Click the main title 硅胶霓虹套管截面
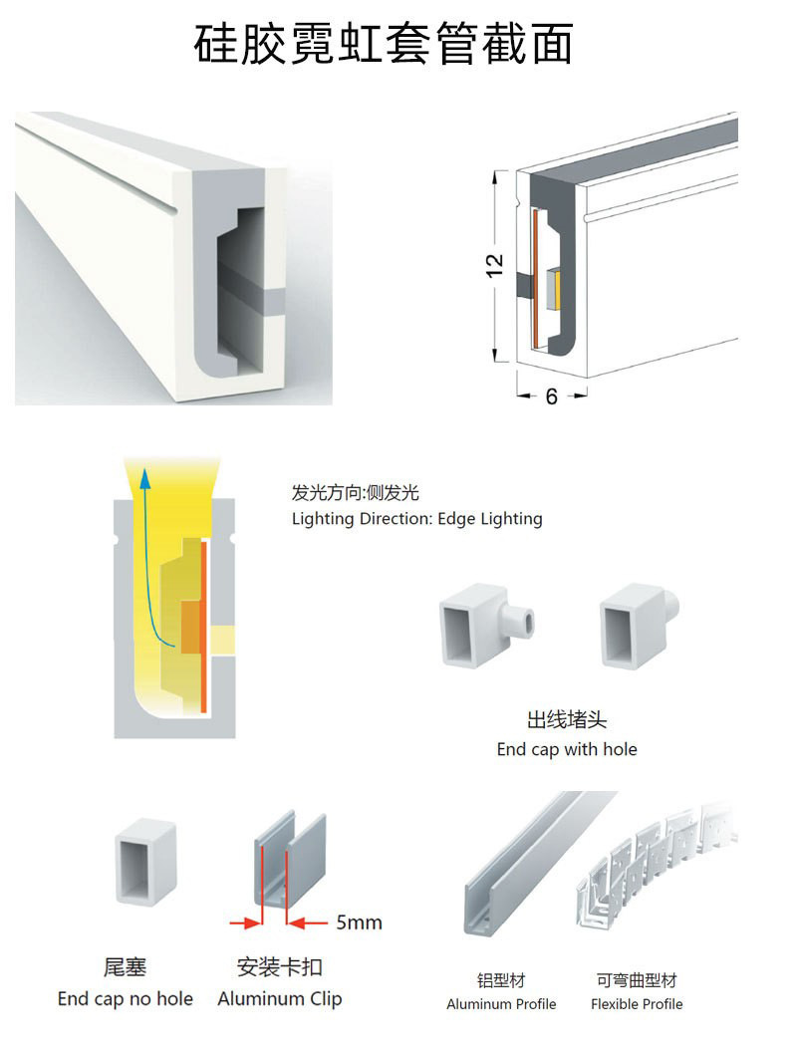tap(384, 44)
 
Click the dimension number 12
tap(494, 266)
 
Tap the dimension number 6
tap(551, 396)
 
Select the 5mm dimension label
tap(360, 922)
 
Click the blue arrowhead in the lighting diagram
tap(144, 477)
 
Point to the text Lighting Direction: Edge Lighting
tap(417, 519)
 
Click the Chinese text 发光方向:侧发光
tap(356, 493)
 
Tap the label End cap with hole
tap(567, 749)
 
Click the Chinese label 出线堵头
tap(567, 720)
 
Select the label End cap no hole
tap(126, 998)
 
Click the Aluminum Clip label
tap(280, 999)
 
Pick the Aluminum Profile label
tap(501, 1004)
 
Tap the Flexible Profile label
tap(637, 1004)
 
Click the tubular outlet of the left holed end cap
tap(520, 623)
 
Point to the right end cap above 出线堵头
tap(639, 625)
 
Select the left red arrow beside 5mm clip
tap(245, 922)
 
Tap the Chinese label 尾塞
tap(125, 967)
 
